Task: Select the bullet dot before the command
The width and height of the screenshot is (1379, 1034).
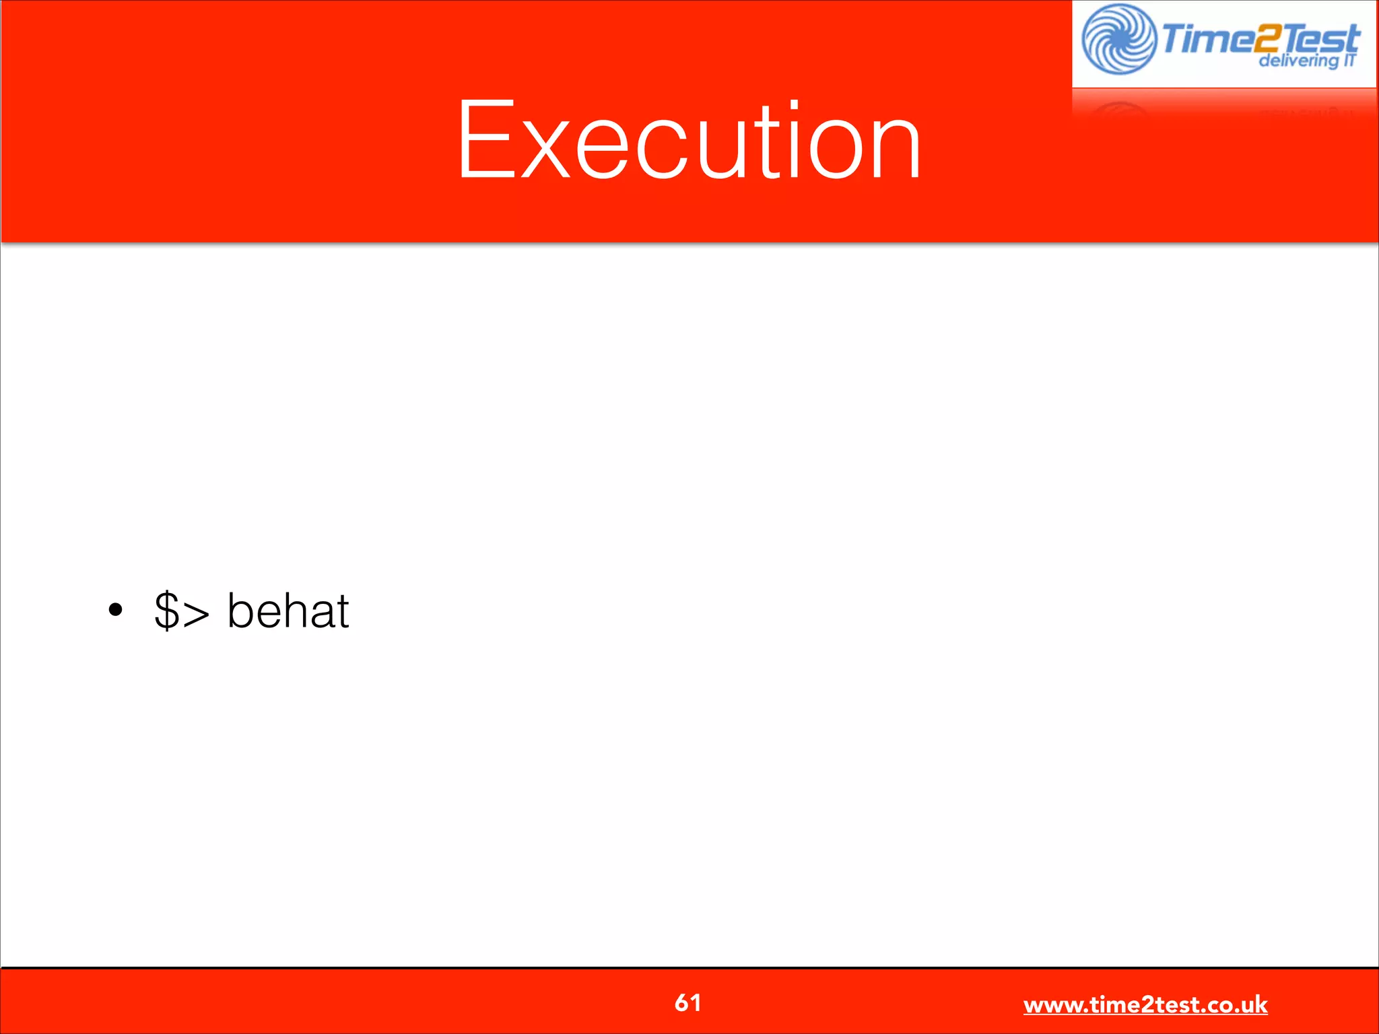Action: (x=116, y=610)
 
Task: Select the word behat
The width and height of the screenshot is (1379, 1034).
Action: (x=288, y=610)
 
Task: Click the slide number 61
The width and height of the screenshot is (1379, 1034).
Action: (x=687, y=1002)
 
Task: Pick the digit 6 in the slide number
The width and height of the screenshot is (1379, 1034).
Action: (x=681, y=1002)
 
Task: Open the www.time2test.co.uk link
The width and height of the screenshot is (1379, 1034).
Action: (x=1145, y=1004)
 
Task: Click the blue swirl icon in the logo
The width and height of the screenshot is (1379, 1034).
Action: (x=1118, y=39)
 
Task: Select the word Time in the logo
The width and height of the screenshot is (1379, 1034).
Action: (x=1200, y=39)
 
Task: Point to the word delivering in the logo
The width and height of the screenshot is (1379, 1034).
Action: (x=1297, y=61)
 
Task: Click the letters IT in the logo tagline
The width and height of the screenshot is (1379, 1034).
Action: (x=1349, y=60)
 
